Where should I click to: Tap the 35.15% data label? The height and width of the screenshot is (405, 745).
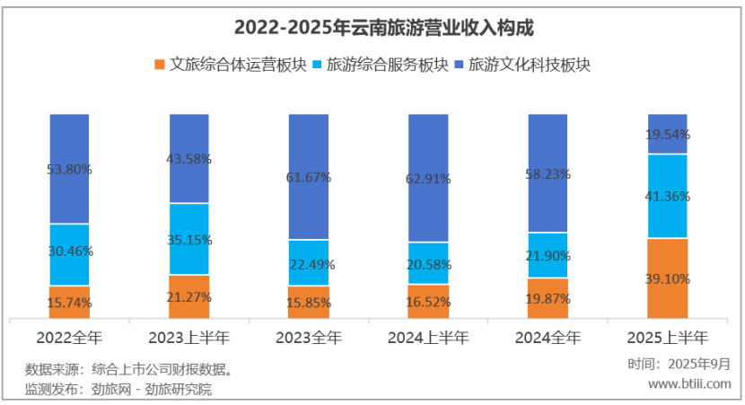pos(188,240)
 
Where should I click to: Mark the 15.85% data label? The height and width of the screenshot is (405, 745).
pos(309,304)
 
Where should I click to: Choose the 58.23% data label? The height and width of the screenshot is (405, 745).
pos(548,174)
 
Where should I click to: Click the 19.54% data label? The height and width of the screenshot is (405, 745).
pos(668,135)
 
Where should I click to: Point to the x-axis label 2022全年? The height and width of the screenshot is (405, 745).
pos(69,339)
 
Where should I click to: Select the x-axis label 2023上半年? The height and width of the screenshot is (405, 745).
pos(188,339)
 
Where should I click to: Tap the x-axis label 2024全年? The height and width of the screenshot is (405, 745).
pos(548,339)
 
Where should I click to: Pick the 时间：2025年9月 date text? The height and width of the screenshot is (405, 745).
pos(679,364)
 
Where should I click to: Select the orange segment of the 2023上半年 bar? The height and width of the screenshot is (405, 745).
pos(188,296)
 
